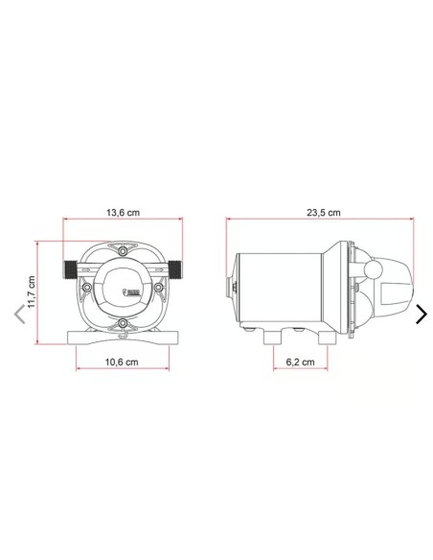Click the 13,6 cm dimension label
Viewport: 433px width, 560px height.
[x=123, y=213]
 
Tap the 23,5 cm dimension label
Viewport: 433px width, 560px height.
[x=324, y=213]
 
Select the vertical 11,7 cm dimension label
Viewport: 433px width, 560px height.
[x=32, y=292]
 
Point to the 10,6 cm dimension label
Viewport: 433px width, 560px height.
[x=122, y=362]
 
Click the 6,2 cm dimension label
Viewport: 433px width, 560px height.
[x=300, y=362]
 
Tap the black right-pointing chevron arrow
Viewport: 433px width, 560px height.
[x=422, y=315]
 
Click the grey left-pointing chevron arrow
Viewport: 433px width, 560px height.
[x=19, y=315]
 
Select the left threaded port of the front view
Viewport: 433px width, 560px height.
[x=70, y=270]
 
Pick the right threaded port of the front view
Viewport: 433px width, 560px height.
[x=175, y=270]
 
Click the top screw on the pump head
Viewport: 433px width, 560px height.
[x=123, y=251]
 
